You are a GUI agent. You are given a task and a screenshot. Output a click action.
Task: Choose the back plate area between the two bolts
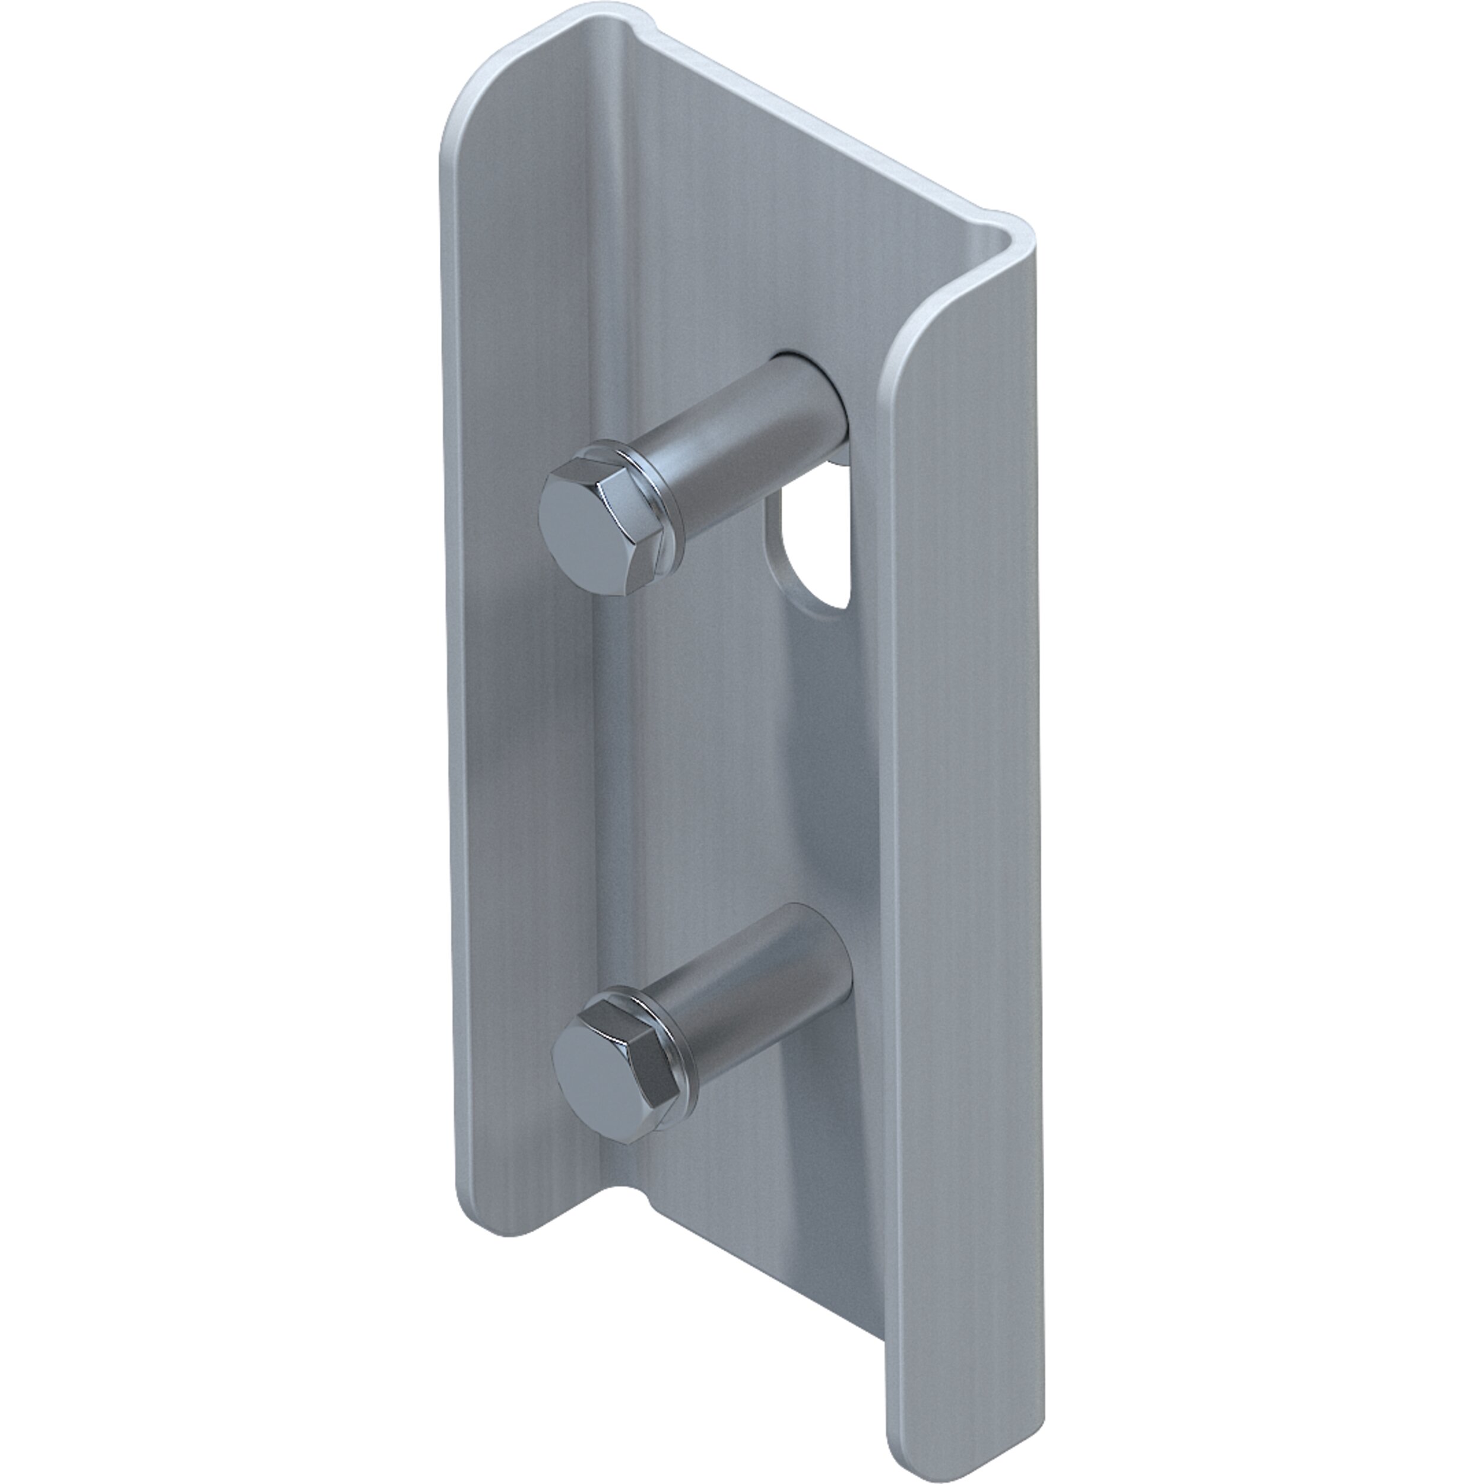click(x=737, y=753)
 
